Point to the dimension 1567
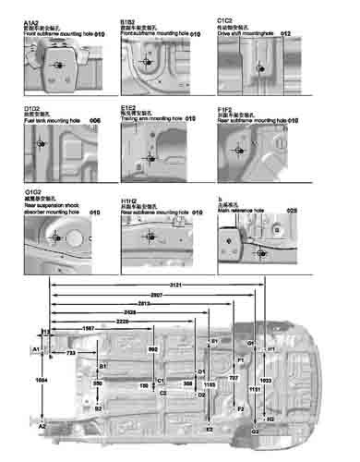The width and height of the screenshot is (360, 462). [x=89, y=329]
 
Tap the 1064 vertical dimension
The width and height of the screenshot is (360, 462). [x=40, y=380]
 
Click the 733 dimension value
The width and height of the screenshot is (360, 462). [x=71, y=353]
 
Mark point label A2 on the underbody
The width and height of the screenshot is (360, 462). [x=42, y=428]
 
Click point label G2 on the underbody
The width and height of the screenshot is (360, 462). [x=255, y=432]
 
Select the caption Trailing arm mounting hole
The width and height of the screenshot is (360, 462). [x=151, y=119]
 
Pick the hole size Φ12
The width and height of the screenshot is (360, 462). [x=285, y=33]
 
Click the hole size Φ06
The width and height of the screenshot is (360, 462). [x=94, y=121]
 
